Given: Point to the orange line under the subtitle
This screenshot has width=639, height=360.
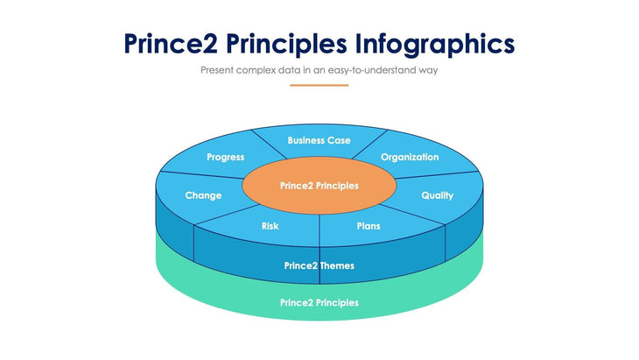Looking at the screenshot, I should tap(319, 85).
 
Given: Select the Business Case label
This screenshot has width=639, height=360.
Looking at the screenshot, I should tap(319, 140).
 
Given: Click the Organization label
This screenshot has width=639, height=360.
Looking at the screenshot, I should tap(410, 158).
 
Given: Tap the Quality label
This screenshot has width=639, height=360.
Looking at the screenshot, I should tap(438, 195).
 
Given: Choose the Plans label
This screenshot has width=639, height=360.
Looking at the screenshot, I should tap(369, 226).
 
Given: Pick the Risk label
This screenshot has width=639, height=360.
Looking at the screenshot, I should tap(270, 226).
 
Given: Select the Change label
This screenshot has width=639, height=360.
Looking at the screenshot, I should tap(203, 195).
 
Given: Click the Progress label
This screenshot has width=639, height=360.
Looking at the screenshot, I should tap(226, 158).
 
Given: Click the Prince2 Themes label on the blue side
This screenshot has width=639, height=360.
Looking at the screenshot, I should tap(319, 265).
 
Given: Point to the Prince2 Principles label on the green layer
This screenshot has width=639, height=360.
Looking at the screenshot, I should tap(319, 302).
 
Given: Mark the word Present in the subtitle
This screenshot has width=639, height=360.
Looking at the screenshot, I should tap(218, 69).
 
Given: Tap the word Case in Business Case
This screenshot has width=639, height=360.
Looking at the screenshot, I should tap(339, 140).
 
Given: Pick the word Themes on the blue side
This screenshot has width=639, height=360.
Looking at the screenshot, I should tap(337, 265).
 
